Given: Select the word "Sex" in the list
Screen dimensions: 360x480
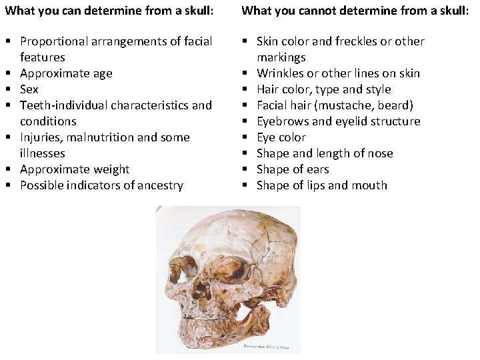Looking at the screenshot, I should click(x=29, y=89).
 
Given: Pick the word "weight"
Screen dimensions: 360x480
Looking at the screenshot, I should click(x=113, y=169).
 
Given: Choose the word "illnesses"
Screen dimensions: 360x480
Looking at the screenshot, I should click(x=43, y=153).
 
